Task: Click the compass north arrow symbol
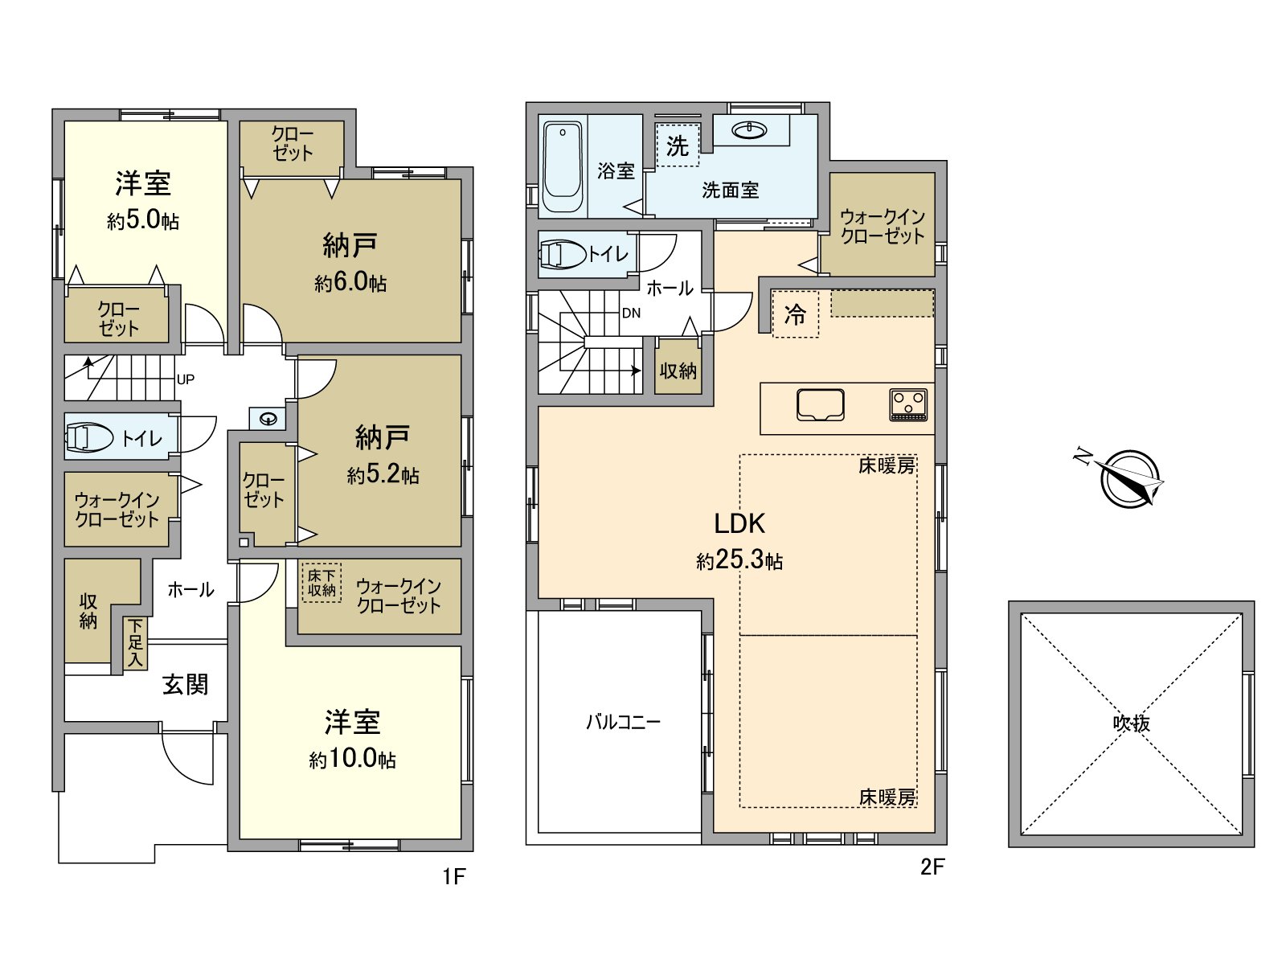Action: point(1130,479)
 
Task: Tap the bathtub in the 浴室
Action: point(563,166)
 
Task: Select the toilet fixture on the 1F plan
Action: point(89,437)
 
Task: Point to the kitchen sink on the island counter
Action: point(820,404)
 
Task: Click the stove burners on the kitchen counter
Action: point(908,404)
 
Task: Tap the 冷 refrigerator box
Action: point(795,314)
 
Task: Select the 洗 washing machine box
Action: point(678,145)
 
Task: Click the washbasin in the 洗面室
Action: point(750,129)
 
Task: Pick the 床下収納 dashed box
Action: point(321,583)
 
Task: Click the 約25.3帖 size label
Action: point(739,560)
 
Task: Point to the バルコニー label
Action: point(623,721)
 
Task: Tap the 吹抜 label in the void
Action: point(1131,723)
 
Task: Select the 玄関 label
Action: point(185,685)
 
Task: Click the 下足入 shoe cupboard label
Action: point(135,642)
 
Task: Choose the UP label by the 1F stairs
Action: point(186,379)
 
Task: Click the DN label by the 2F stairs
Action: point(631,313)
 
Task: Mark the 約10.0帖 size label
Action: point(352,759)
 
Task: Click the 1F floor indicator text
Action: point(454,875)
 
